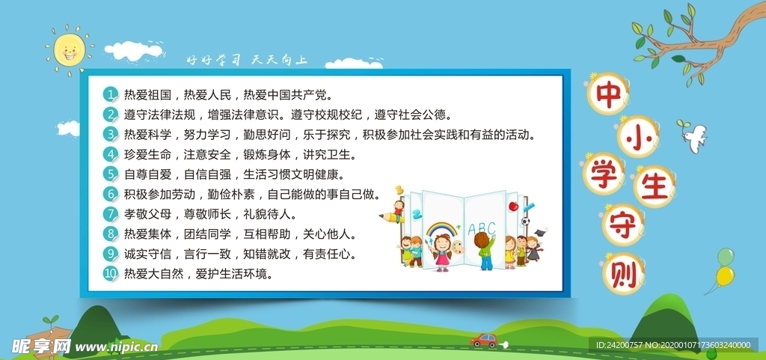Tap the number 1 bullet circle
(111, 95)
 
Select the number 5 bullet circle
(111, 174)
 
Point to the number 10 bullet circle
(111, 274)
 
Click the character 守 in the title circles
(622, 225)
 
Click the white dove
(693, 138)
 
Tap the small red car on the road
(483, 341)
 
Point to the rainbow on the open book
(441, 226)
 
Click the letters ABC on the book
(481, 228)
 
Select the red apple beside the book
(513, 205)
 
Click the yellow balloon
(724, 276)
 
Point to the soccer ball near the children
(526, 221)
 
